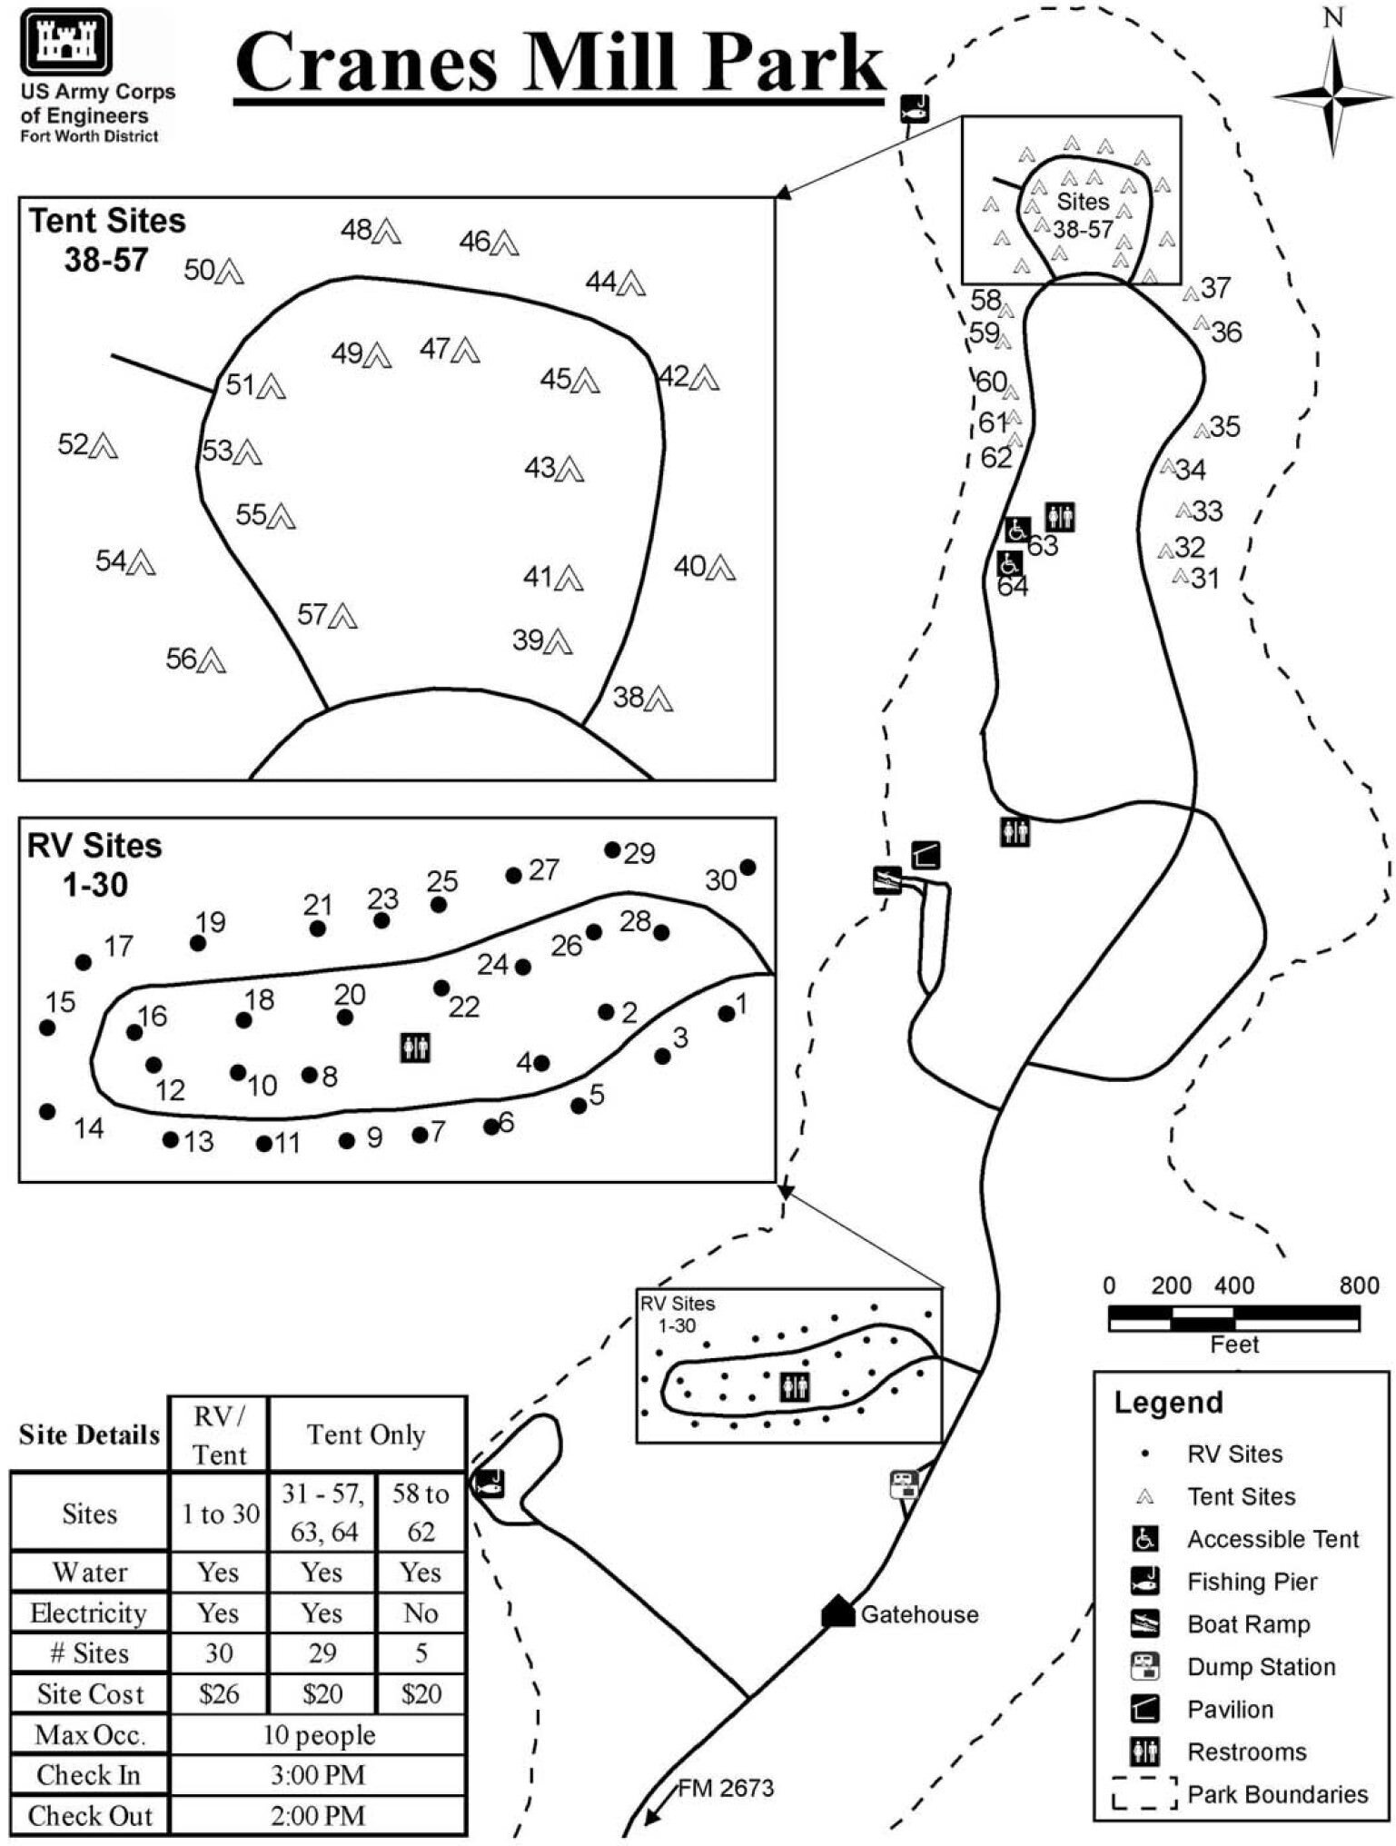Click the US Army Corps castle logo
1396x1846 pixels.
(x=66, y=41)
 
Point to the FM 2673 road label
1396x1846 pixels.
(x=725, y=1788)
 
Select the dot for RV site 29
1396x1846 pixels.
(x=613, y=849)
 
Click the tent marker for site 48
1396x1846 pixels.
(x=388, y=231)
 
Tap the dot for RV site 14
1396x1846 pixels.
(x=48, y=1111)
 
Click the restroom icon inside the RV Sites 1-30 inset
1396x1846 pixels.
(x=415, y=1047)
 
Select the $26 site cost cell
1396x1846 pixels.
(x=219, y=1693)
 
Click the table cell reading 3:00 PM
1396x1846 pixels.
(x=318, y=1774)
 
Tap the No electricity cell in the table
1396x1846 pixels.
(x=421, y=1613)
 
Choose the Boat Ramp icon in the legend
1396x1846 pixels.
(x=1144, y=1623)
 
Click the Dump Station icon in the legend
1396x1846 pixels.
(x=1144, y=1666)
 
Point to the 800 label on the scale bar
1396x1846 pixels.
(x=1358, y=1285)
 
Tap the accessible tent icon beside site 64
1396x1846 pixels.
(x=1008, y=563)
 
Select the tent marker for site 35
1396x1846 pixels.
(x=1201, y=430)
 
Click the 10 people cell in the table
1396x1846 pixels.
(x=318, y=1734)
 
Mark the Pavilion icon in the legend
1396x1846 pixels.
(x=1144, y=1709)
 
